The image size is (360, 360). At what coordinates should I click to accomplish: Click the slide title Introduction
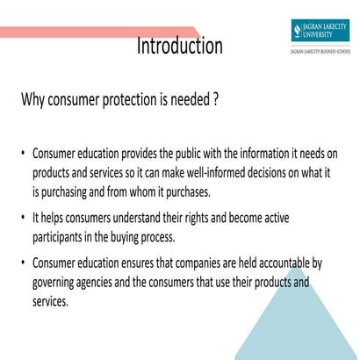tap(179, 45)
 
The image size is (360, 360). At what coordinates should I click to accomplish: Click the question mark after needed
tap(215, 99)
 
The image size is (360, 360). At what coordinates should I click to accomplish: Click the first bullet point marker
tap(24, 153)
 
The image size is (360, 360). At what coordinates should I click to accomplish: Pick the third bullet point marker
tap(24, 262)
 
